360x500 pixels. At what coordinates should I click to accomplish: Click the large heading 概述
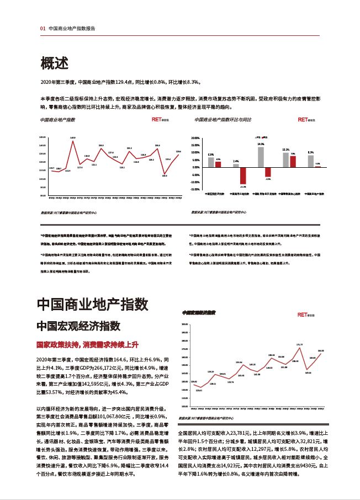point(54,64)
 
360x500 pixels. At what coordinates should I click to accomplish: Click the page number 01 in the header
point(43,28)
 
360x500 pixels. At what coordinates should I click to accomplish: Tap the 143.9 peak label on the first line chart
point(72,137)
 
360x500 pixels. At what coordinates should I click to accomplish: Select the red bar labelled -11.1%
point(242,175)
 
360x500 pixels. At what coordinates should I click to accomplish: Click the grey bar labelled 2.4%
point(236,165)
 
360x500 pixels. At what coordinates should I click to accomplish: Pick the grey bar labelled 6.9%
point(211,162)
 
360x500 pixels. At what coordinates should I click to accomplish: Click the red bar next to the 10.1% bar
point(293,161)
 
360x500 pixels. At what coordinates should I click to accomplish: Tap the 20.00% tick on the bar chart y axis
point(194,138)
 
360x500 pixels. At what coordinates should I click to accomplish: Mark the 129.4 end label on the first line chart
point(178,152)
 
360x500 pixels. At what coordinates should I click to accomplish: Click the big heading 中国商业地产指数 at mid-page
point(92,304)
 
